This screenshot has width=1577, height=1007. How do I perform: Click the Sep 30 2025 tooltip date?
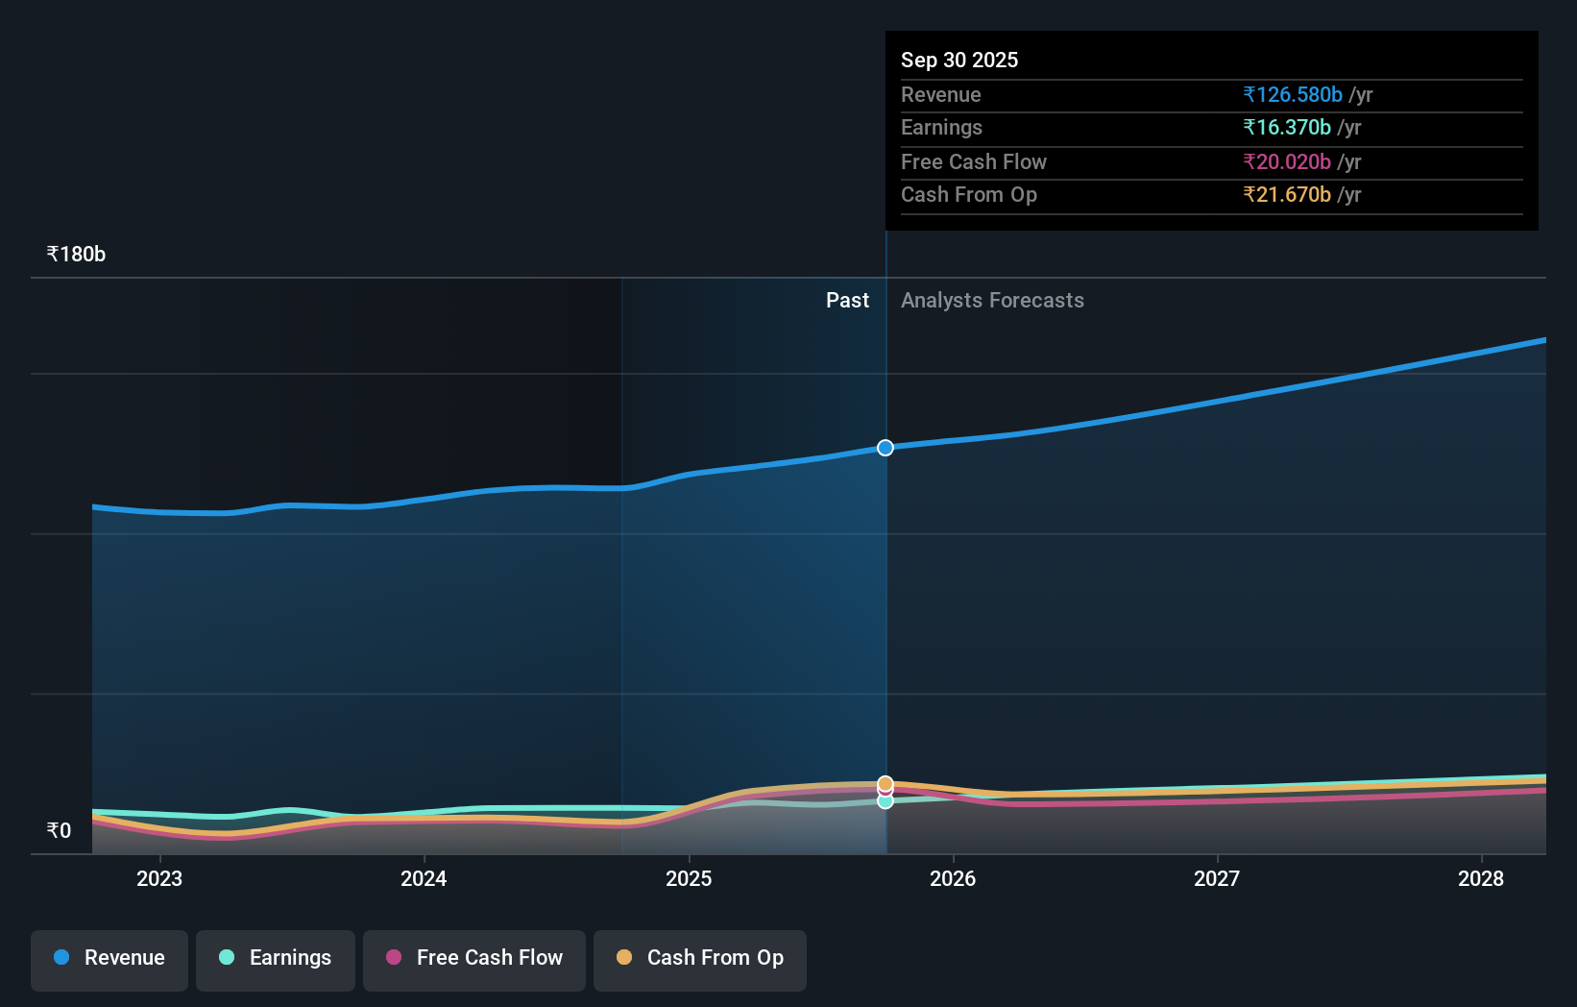coord(958,60)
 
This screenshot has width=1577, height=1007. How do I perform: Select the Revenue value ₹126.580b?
coord(1292,94)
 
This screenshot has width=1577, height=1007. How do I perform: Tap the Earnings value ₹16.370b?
coord(1286,127)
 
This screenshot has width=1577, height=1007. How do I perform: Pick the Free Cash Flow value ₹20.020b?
coord(1286,161)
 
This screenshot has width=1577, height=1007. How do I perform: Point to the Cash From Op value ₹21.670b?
coord(1286,194)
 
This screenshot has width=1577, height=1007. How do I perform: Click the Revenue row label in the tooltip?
coord(940,94)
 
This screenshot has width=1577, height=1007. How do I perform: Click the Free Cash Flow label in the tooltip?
coord(973,161)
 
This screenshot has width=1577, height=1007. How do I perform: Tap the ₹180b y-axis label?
coord(76,254)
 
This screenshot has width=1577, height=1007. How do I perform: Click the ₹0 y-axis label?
coord(59,830)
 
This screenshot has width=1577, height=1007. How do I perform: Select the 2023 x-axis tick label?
coord(159,878)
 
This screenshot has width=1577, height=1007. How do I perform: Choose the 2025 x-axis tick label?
coord(689,878)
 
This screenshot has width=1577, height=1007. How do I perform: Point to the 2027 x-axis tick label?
coord(1217,878)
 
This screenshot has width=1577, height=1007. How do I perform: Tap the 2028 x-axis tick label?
coord(1481,878)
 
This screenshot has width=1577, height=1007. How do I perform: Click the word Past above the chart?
coord(847,300)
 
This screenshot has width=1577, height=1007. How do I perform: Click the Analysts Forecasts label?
coord(992,300)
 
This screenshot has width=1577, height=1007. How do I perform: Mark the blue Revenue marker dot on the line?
coord(886,448)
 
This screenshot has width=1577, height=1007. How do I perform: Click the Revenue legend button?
coord(109,959)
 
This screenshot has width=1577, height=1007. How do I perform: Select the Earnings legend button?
coord(276,959)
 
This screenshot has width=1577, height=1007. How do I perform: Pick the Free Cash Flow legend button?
coord(474,959)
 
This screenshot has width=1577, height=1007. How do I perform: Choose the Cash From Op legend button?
coord(700,959)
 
